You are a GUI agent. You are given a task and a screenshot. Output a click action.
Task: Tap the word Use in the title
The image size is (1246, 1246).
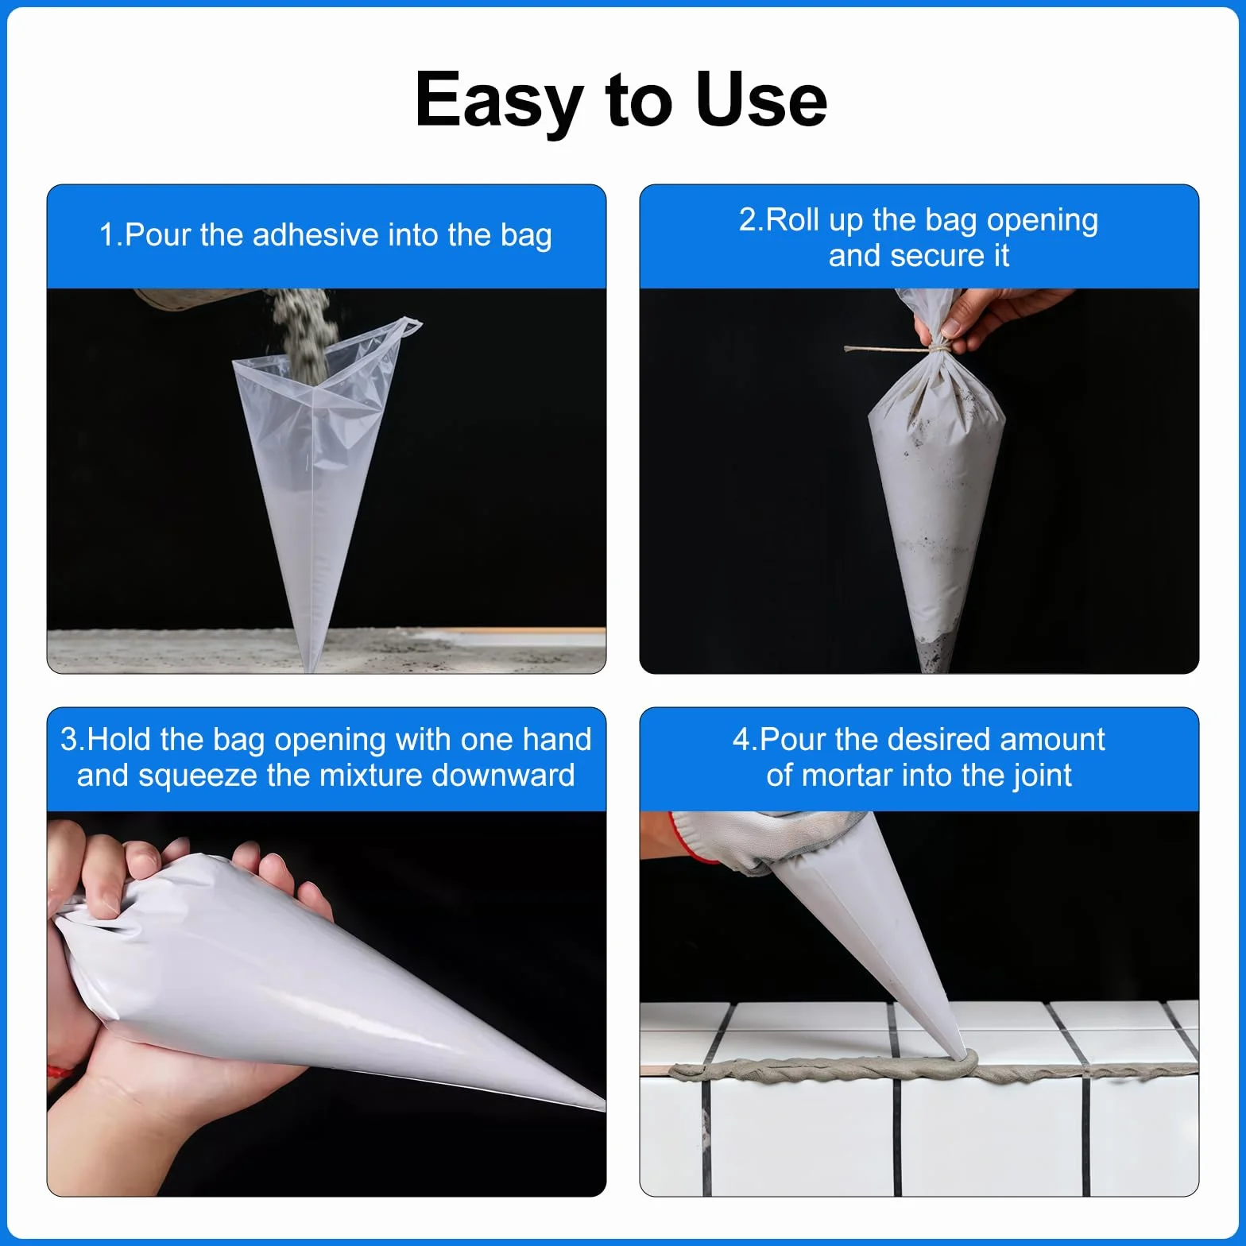(x=760, y=99)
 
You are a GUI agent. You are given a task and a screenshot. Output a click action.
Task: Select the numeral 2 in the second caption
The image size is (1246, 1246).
(x=747, y=220)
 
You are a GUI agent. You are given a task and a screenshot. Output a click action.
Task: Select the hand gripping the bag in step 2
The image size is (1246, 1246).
(x=985, y=315)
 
